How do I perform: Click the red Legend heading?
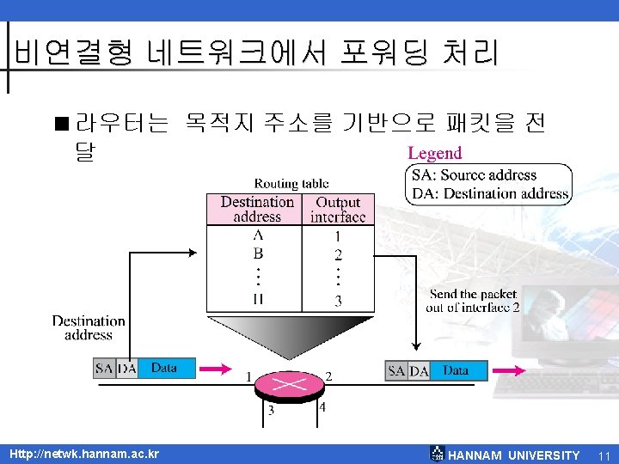point(434,154)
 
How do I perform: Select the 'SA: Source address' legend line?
point(474,175)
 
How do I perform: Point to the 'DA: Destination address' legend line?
point(490,193)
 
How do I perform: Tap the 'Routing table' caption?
point(291,183)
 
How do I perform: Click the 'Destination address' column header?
point(257,209)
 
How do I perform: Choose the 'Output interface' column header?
point(338,209)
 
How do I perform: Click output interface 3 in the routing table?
point(338,301)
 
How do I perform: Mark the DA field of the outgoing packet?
point(419,370)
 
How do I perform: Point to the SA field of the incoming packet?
point(104,368)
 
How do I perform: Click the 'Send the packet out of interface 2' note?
point(474,301)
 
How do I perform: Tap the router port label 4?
point(322,406)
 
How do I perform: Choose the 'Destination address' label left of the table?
point(89,327)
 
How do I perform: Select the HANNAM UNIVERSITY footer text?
point(514,455)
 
